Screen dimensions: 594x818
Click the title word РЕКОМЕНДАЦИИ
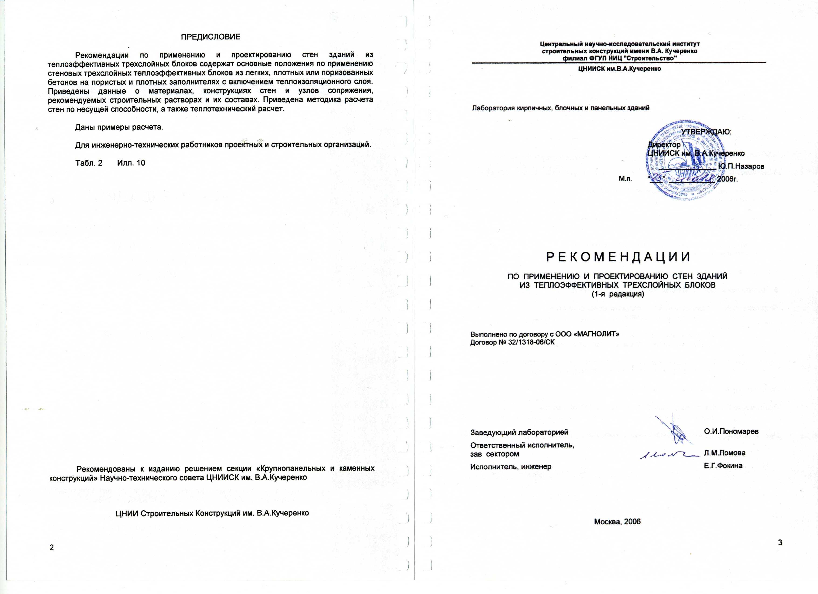pyautogui.click(x=618, y=257)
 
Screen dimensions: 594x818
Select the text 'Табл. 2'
pyautogui.click(x=89, y=163)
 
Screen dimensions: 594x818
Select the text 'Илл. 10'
pyautogui.click(x=131, y=163)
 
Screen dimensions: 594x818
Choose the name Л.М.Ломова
pyautogui.click(x=725, y=453)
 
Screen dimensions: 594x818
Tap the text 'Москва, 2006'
pyautogui.click(x=617, y=522)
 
